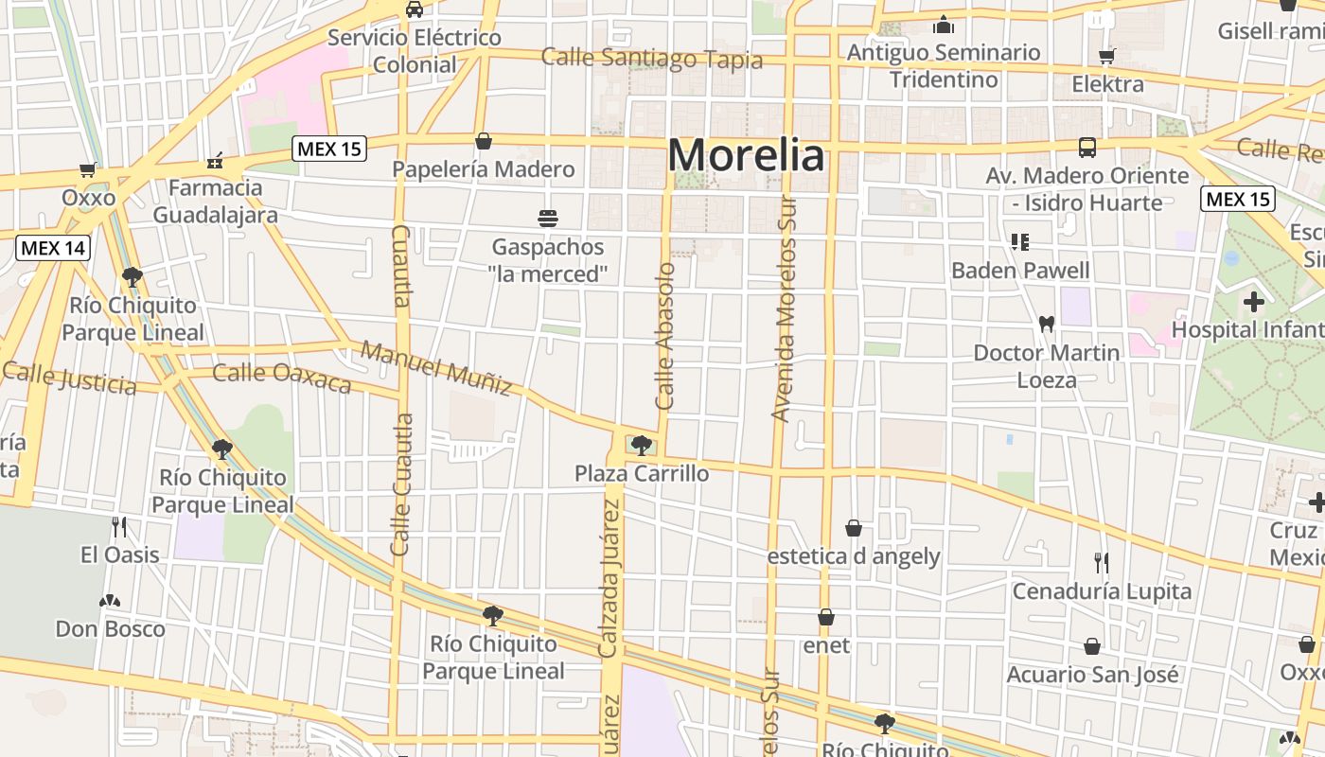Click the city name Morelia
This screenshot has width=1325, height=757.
click(x=746, y=155)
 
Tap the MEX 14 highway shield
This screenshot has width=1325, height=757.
click(x=53, y=248)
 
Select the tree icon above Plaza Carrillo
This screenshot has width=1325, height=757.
click(x=642, y=445)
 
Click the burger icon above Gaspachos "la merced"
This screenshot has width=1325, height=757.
click(x=547, y=219)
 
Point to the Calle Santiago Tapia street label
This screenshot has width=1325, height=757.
click(x=651, y=59)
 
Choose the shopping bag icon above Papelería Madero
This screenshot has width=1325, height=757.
click(x=484, y=141)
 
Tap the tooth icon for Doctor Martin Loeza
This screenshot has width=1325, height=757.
click(x=1046, y=324)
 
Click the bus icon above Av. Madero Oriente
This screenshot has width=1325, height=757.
click(x=1087, y=148)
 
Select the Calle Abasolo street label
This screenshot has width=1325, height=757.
click(x=665, y=336)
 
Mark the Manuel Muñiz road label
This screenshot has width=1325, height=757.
click(x=436, y=368)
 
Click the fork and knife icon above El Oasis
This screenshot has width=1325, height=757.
click(x=119, y=526)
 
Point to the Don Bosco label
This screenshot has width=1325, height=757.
click(x=110, y=628)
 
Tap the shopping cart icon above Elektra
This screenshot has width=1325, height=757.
click(x=1106, y=57)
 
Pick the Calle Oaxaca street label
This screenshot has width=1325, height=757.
click(x=282, y=377)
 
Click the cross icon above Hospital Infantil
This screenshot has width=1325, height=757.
click(x=1254, y=302)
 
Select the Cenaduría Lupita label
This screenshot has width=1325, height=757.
click(x=1102, y=591)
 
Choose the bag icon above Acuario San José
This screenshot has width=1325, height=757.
click(x=1092, y=646)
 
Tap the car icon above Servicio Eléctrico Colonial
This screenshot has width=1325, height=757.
click(x=414, y=9)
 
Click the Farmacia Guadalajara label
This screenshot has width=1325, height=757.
click(x=216, y=201)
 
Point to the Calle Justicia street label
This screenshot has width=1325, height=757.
click(x=69, y=378)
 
